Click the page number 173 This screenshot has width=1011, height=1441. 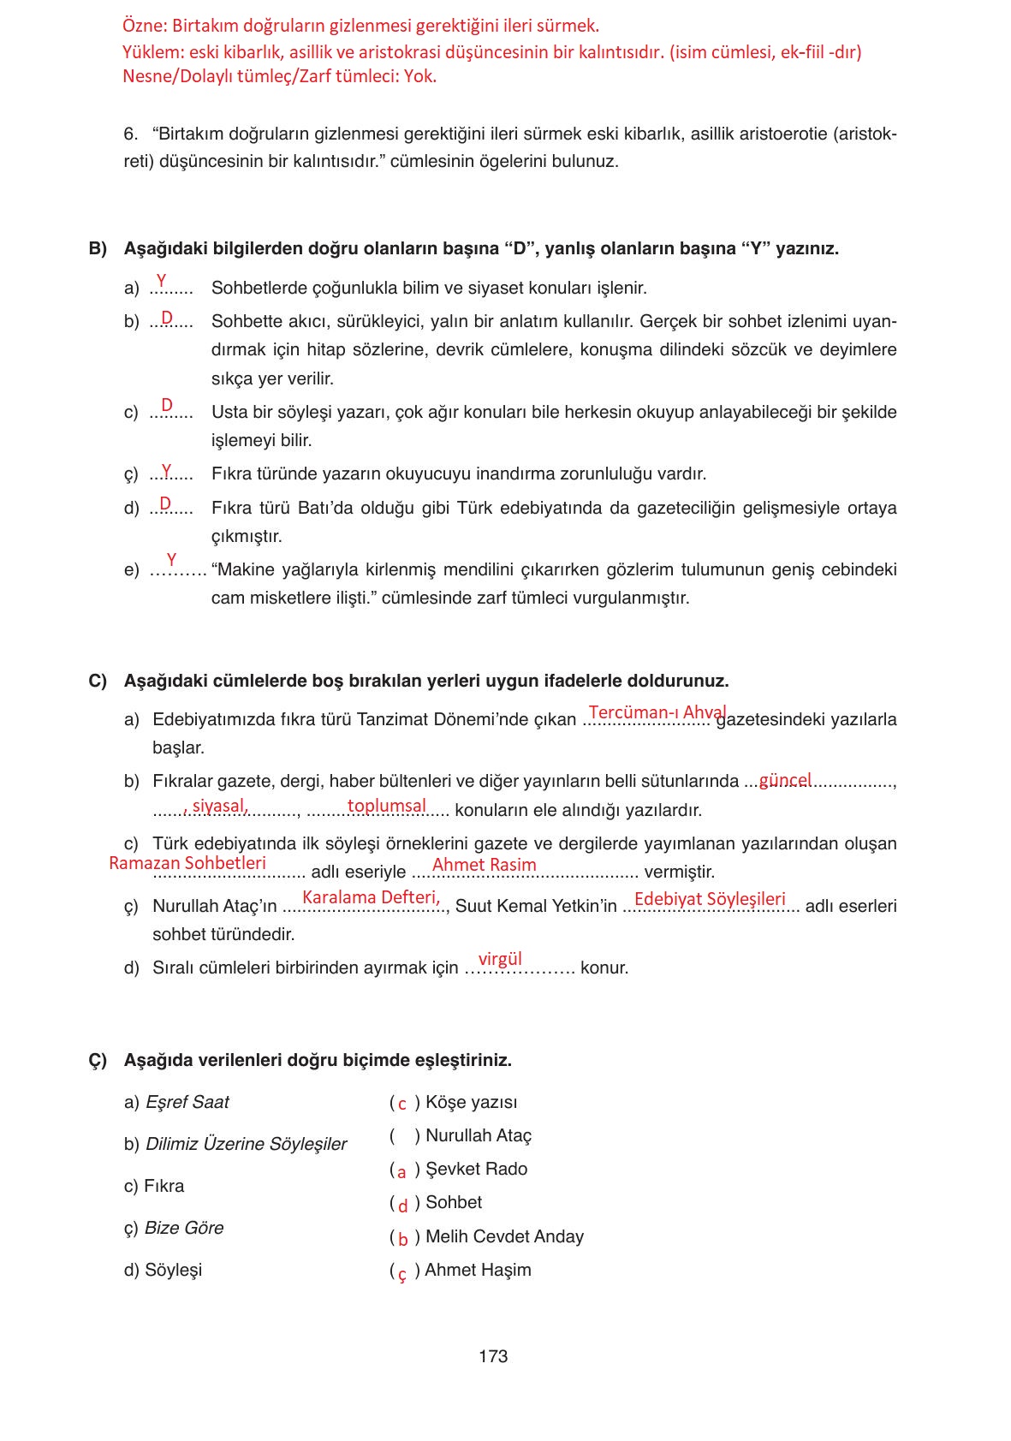pyautogui.click(x=493, y=1356)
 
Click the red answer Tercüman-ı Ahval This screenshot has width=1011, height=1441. pyautogui.click(x=657, y=712)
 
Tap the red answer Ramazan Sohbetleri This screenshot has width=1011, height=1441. pyautogui.click(x=187, y=863)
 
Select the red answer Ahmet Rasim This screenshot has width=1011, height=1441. pyautogui.click(x=484, y=865)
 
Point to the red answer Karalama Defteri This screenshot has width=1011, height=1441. pyautogui.click(x=371, y=897)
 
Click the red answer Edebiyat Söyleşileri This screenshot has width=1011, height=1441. pyautogui.click(x=710, y=899)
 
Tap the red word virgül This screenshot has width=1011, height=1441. pyautogui.click(x=500, y=959)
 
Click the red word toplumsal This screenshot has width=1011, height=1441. pyautogui.click(x=386, y=806)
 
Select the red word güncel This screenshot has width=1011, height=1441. pyautogui.click(x=785, y=780)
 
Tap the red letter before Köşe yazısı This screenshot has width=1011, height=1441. pyautogui.click(x=402, y=1104)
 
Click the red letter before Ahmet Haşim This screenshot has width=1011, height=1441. pyautogui.click(x=402, y=1272)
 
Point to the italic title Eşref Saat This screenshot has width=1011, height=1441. pyautogui.click(x=187, y=1102)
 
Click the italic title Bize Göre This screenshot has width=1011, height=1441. pyautogui.click(x=184, y=1228)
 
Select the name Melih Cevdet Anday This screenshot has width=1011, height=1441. pyautogui.click(x=504, y=1236)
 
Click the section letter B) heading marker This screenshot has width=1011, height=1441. pyautogui.click(x=98, y=248)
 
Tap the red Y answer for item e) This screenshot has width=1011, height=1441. pyautogui.click(x=171, y=560)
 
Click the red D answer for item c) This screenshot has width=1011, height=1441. pyautogui.click(x=167, y=404)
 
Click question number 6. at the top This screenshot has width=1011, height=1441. pyautogui.click(x=130, y=134)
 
